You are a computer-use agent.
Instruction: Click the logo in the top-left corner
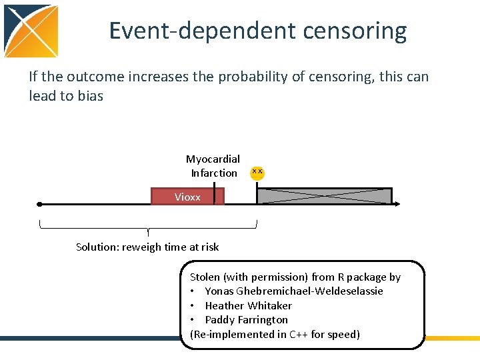(31, 31)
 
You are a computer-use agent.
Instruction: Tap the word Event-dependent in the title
(194, 31)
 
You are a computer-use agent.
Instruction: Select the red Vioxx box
(187, 197)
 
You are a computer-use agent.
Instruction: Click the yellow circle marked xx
(257, 173)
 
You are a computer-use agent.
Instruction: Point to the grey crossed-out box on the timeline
(324, 195)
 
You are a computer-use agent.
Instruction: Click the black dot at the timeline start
(40, 205)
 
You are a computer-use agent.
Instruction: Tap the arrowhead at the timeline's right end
(397, 205)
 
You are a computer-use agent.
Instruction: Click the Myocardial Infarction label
(213, 166)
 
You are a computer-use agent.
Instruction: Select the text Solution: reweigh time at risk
(147, 247)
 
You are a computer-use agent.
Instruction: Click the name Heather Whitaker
(248, 305)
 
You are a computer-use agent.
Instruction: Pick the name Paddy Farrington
(246, 319)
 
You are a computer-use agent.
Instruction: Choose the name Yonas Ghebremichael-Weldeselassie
(293, 291)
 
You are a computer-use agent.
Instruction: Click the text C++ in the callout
(299, 334)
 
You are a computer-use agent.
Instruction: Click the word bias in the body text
(90, 96)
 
